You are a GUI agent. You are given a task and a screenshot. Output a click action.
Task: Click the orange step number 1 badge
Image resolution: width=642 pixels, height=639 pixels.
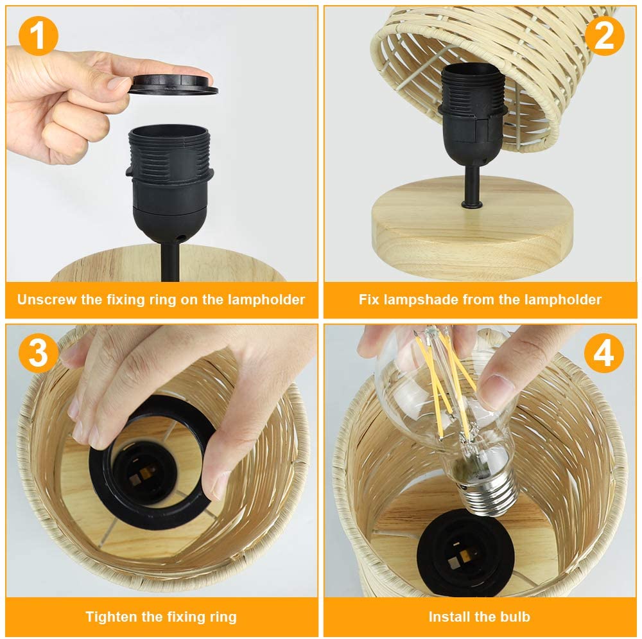click(38, 36)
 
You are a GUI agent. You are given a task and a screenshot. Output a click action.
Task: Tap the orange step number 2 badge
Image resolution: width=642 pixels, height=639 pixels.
click(604, 36)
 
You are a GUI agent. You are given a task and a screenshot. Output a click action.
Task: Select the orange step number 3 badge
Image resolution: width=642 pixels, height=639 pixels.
click(38, 353)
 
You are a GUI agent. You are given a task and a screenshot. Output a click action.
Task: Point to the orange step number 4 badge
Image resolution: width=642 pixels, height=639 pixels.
click(604, 353)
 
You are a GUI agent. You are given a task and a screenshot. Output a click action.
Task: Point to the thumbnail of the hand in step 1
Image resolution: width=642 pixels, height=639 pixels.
click(118, 83)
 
